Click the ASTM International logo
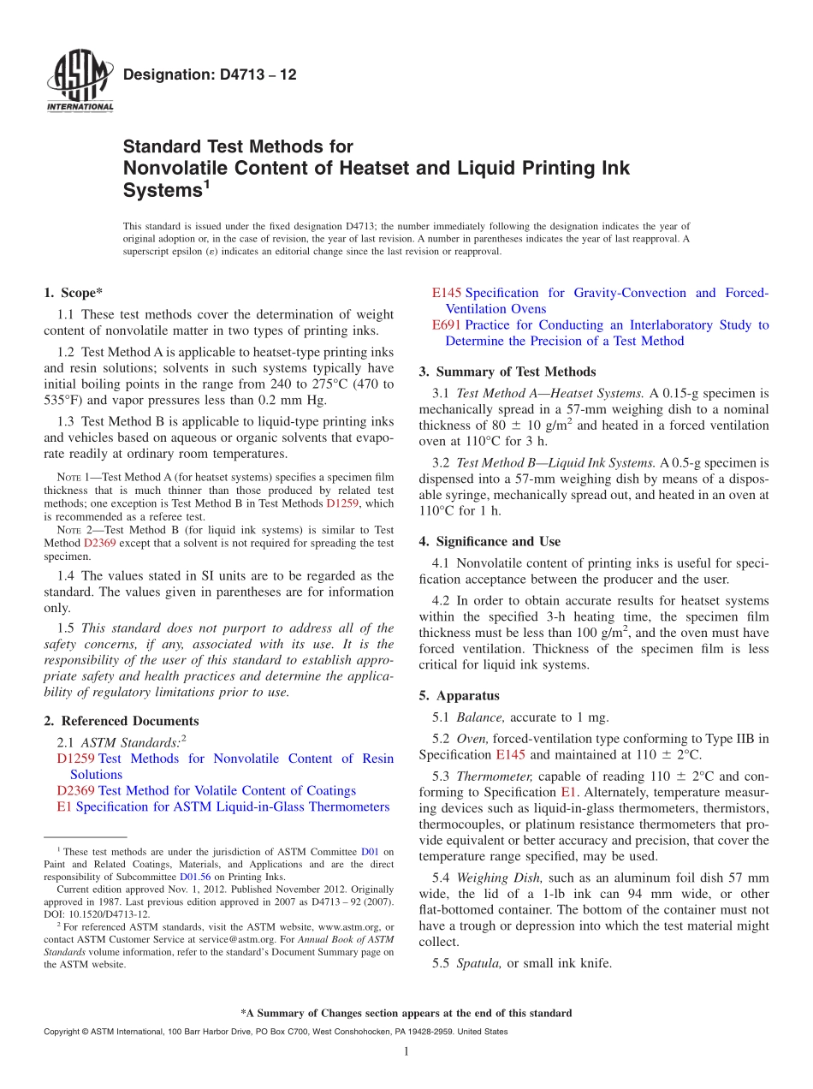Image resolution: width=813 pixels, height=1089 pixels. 79,82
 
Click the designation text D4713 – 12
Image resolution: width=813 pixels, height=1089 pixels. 210,75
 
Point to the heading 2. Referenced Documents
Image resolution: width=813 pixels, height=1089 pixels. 122,721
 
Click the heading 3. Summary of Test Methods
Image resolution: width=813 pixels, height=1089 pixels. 507,372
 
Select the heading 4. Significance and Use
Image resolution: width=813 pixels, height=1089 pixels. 490,541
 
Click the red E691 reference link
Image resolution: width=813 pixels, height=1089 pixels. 447,325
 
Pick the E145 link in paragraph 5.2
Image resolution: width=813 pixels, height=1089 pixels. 511,755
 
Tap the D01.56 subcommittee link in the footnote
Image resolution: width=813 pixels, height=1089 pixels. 193,877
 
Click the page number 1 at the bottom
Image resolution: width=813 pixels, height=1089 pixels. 406,1051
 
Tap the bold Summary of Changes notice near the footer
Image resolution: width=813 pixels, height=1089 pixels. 406,1013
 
